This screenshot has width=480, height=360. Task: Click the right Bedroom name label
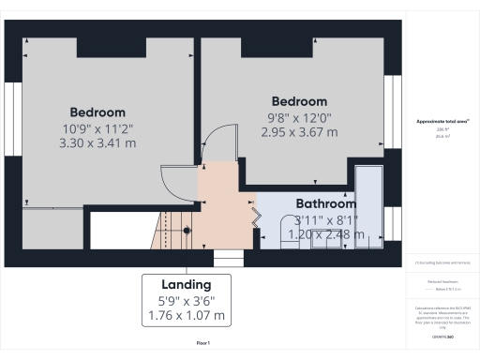299,101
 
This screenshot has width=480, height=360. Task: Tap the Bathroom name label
326,203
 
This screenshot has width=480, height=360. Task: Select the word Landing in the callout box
186,284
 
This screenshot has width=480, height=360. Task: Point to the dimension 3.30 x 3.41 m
97,143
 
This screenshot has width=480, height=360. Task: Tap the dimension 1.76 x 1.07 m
186,316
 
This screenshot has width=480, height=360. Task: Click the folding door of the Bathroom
252,215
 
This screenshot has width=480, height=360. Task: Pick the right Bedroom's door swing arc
216,145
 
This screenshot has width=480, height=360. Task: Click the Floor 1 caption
203,344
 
